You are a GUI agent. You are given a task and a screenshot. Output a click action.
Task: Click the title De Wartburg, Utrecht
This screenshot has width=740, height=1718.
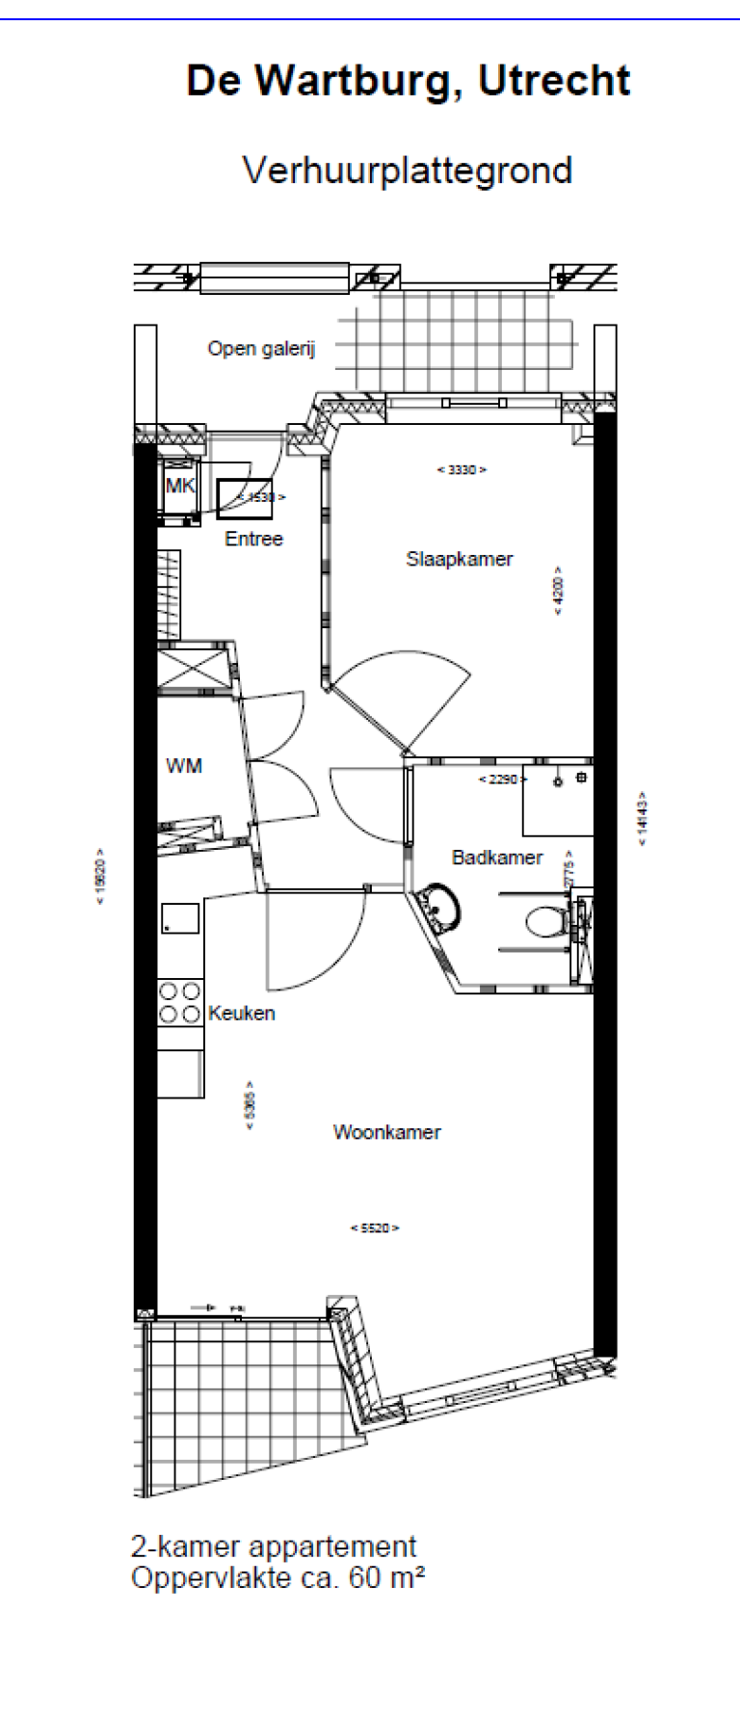(408, 81)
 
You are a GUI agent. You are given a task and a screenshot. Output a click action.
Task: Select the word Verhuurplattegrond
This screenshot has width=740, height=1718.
(408, 171)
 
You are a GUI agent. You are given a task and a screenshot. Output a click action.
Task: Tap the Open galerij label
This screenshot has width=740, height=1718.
(261, 349)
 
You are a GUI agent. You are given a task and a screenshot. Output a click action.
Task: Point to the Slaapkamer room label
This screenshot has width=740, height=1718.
(460, 559)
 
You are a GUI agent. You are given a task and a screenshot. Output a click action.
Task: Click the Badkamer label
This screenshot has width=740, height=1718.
(497, 857)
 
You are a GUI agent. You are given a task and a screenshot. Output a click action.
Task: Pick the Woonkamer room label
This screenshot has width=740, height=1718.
(386, 1132)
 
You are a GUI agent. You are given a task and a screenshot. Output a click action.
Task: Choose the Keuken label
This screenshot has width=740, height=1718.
(242, 1014)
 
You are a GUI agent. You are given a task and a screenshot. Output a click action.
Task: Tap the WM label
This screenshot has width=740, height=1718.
(184, 766)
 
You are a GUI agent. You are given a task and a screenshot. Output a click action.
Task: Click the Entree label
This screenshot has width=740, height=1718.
(253, 539)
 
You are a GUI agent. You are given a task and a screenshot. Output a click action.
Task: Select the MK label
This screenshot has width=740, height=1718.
(179, 486)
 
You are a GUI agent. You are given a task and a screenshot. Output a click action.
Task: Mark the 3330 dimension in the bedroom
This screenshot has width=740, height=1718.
(462, 470)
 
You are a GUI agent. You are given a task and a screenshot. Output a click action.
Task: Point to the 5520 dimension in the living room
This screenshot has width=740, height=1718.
(375, 1228)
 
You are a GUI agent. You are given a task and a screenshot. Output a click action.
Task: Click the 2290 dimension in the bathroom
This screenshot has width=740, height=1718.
(503, 780)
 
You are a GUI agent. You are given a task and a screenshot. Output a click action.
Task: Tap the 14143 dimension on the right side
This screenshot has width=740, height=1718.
(642, 820)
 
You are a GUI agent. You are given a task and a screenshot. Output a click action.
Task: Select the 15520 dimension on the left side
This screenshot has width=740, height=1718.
(99, 876)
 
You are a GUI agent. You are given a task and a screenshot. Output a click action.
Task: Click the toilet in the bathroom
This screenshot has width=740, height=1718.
(544, 921)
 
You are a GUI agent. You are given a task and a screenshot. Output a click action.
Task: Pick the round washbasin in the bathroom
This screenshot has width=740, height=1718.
(442, 905)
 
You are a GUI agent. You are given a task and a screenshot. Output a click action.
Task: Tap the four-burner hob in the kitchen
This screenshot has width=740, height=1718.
(180, 1001)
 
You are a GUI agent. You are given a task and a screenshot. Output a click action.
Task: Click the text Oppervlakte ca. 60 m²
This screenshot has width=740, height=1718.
(277, 1579)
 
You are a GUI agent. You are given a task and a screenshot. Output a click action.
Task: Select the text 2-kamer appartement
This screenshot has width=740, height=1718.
(274, 1547)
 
